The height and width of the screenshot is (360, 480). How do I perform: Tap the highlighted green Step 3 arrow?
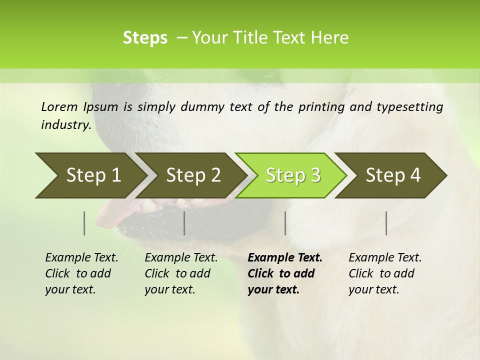[x=293, y=175]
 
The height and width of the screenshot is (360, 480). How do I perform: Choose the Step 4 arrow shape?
[x=393, y=175]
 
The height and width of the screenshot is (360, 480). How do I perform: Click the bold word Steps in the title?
[x=145, y=38]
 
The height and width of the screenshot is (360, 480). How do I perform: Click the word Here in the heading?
[x=329, y=38]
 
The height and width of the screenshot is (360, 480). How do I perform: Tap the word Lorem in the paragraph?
[x=59, y=106]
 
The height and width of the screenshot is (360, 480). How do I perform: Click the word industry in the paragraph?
[x=65, y=124]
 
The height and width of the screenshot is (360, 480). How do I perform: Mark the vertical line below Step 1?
[x=84, y=223]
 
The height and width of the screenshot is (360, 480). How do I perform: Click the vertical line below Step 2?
[x=184, y=223]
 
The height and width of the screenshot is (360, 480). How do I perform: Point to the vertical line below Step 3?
[x=285, y=223]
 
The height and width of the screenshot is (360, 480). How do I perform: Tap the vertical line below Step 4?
[x=386, y=223]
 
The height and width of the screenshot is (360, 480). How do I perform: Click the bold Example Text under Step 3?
[x=285, y=258]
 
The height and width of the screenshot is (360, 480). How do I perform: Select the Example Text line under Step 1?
[x=81, y=258]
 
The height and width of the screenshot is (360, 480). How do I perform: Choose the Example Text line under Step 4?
[x=385, y=258]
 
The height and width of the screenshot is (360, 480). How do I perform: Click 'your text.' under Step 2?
[x=169, y=289]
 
